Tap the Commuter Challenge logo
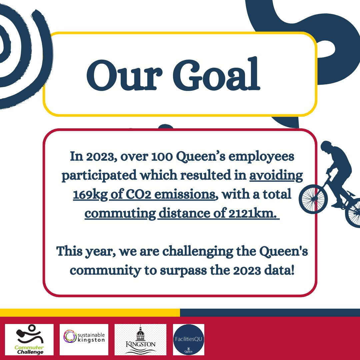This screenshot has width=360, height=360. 29,339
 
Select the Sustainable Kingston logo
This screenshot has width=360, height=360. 84,339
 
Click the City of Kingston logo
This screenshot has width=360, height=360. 140,339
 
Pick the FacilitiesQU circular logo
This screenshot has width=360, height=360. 188,339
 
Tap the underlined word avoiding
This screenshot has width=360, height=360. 276,175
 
